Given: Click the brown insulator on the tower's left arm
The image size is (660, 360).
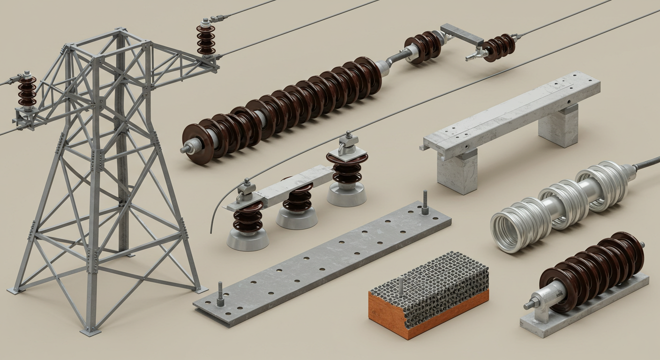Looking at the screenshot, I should pos(27,91).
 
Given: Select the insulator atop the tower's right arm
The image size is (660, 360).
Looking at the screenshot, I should pos(206,39).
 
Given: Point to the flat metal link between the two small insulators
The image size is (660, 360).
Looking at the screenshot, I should pos(462,35).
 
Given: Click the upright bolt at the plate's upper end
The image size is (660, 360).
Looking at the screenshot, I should pos(425,202).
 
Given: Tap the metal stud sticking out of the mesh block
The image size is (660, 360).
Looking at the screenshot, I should pos(401,285).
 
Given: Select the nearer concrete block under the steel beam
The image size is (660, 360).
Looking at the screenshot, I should pos(457,171).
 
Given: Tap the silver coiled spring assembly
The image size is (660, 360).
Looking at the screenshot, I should pos(558,202).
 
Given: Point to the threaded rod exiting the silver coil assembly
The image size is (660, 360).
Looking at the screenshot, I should pos(647,163).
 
